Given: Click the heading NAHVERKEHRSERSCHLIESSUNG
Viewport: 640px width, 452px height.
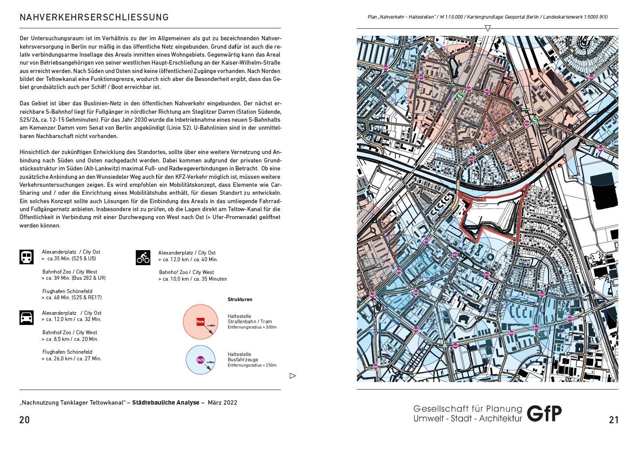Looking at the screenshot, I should click(x=94, y=17).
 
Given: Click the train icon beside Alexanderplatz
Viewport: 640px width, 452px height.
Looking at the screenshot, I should click(x=27, y=257).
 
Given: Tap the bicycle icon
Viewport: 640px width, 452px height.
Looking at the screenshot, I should click(x=143, y=258).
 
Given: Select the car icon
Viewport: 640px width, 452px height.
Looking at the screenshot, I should click(x=27, y=317).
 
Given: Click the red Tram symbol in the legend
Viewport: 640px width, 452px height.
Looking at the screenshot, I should click(x=200, y=322).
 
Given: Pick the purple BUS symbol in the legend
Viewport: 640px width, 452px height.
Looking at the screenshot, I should click(x=200, y=360).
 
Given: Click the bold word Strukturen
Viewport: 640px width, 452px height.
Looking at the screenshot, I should click(x=240, y=300).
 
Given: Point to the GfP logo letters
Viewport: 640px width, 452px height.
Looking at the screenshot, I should click(x=544, y=413).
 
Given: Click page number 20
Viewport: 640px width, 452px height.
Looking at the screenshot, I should click(x=25, y=420).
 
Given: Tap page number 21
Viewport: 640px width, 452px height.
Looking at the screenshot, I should click(x=613, y=420).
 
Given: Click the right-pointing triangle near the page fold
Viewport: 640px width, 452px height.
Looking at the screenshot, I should click(x=292, y=376).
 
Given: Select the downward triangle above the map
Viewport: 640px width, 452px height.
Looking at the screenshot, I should click(x=487, y=28).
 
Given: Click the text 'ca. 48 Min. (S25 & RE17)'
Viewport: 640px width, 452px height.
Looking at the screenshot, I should click(x=73, y=297).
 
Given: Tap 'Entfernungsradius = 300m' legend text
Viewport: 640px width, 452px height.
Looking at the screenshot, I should click(x=252, y=327).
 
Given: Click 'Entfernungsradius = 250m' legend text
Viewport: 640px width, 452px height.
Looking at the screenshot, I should click(x=252, y=365).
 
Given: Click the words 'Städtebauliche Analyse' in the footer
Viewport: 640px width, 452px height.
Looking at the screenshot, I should click(x=166, y=402).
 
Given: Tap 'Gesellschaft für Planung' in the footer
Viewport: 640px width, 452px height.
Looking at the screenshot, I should click(x=468, y=409).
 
